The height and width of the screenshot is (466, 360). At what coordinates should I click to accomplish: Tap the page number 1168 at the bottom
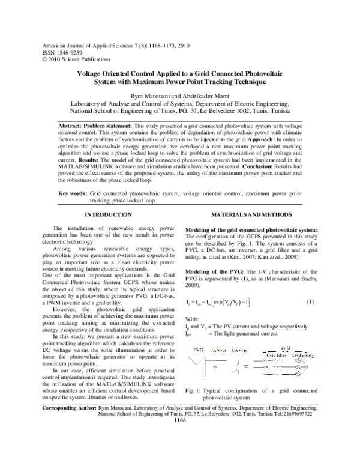179,454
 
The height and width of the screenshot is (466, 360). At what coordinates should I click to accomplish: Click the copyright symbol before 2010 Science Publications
40,59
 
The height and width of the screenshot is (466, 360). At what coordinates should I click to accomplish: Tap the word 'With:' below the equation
193,319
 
